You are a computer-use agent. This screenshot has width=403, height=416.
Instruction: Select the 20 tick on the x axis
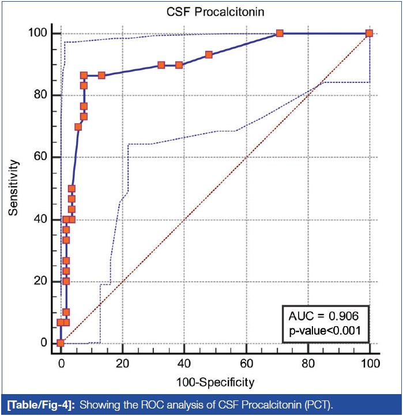click(x=122, y=363)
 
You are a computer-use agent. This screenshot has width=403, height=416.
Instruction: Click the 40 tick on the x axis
click(x=184, y=363)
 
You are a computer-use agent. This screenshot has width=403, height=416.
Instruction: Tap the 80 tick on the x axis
click(x=308, y=363)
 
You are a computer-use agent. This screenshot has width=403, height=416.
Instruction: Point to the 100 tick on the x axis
click(x=369, y=363)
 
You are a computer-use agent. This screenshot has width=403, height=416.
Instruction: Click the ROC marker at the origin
click(x=61, y=343)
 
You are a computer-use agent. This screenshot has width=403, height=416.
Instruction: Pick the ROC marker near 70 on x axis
click(x=280, y=33)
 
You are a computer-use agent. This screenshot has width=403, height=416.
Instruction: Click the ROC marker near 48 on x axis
click(x=209, y=55)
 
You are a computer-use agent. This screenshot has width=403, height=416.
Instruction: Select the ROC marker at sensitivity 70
click(x=78, y=127)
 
